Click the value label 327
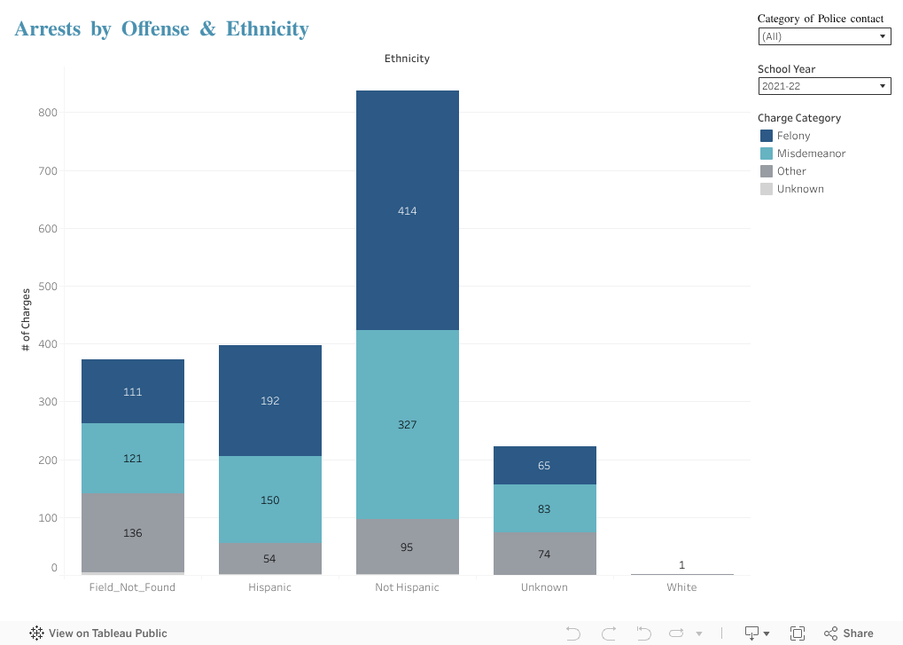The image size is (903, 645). pyautogui.click(x=407, y=425)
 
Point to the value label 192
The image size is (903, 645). pyautogui.click(x=269, y=401)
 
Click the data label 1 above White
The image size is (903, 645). pyautogui.click(x=681, y=565)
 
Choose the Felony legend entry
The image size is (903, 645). pyautogui.click(x=793, y=136)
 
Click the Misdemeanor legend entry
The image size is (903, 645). pyautogui.click(x=811, y=153)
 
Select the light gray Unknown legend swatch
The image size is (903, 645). pyautogui.click(x=767, y=189)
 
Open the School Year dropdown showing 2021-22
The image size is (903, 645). pyautogui.click(x=824, y=86)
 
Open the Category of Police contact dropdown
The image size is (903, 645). pyautogui.click(x=824, y=36)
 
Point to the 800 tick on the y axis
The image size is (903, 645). pyautogui.click(x=47, y=113)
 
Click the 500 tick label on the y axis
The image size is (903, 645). pyautogui.click(x=47, y=287)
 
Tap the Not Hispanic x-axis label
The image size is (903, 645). pyautogui.click(x=407, y=587)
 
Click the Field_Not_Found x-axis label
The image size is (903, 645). pyautogui.click(x=132, y=587)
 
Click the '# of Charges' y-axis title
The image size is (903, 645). pyautogui.click(x=26, y=320)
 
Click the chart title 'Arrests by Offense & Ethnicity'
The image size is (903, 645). pyautogui.click(x=161, y=29)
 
